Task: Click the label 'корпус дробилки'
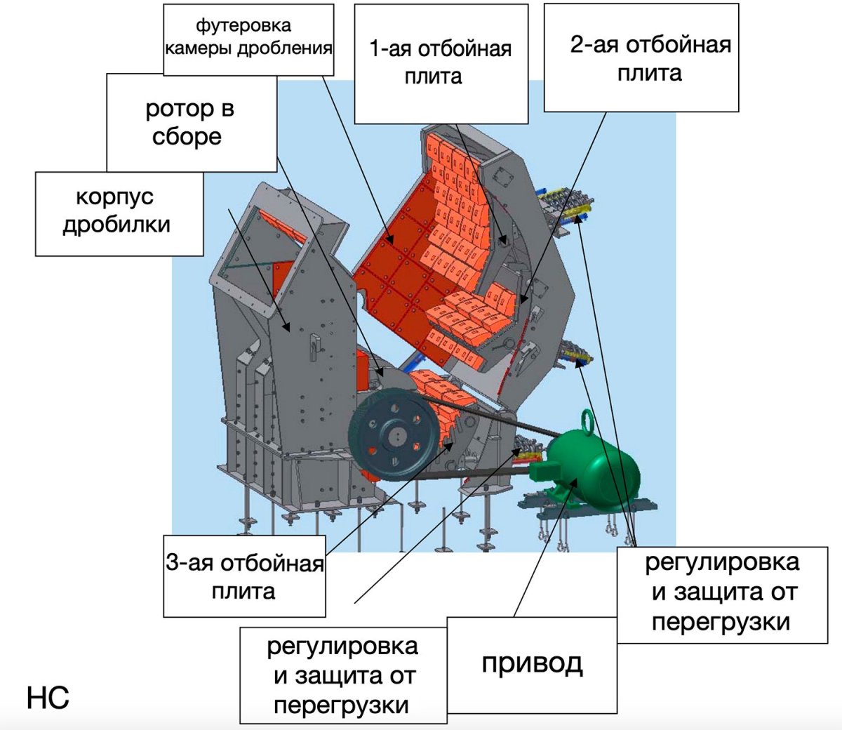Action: (117, 211)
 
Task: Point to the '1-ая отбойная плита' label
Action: (440, 62)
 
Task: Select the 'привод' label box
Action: (532, 662)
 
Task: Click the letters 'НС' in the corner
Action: (48, 698)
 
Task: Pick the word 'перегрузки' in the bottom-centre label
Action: (342, 705)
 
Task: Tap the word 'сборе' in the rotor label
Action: (187, 136)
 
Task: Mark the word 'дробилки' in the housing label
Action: (116, 225)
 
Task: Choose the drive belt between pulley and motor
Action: (491, 420)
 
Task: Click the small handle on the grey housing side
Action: (314, 345)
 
